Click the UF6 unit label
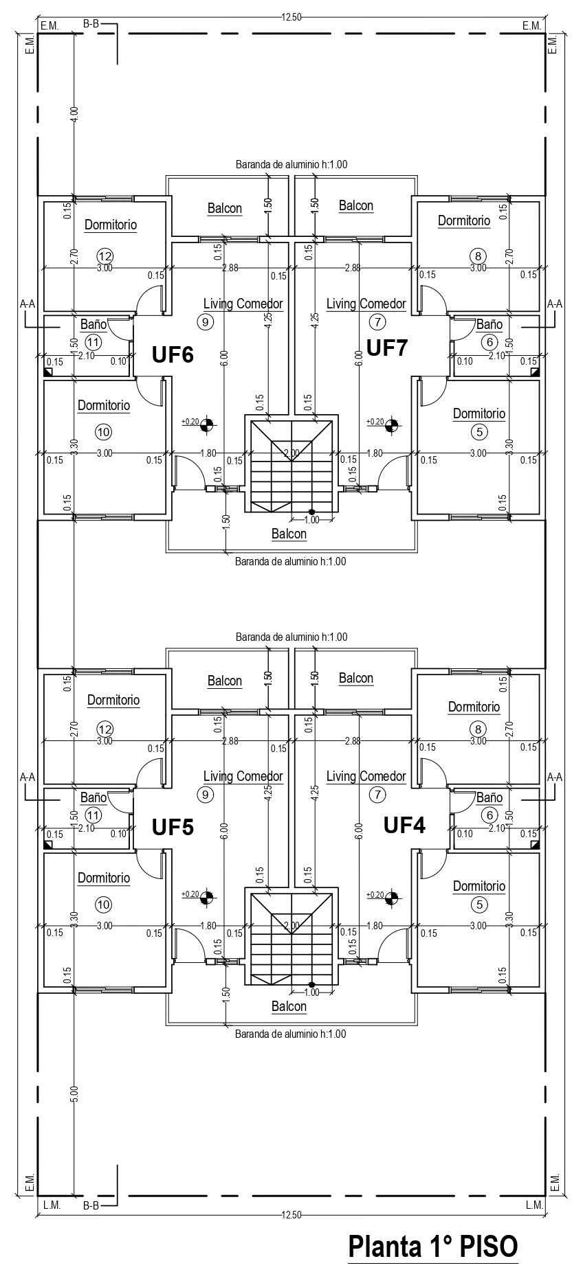click(x=173, y=354)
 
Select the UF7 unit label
click(x=387, y=348)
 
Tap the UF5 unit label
click(x=173, y=827)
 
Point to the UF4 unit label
click(x=404, y=824)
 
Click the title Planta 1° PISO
click(x=432, y=1246)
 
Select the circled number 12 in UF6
click(x=104, y=255)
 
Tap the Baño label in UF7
click(x=489, y=324)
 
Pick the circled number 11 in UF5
click(x=93, y=815)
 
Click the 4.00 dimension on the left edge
click(x=74, y=114)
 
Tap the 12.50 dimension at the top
click(x=291, y=18)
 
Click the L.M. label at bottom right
click(x=534, y=1205)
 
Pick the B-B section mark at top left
click(x=91, y=25)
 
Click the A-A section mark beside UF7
click(x=554, y=303)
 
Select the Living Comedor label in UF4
click(x=366, y=776)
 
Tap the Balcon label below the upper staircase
click(x=289, y=534)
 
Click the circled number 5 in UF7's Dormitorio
click(x=478, y=431)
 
